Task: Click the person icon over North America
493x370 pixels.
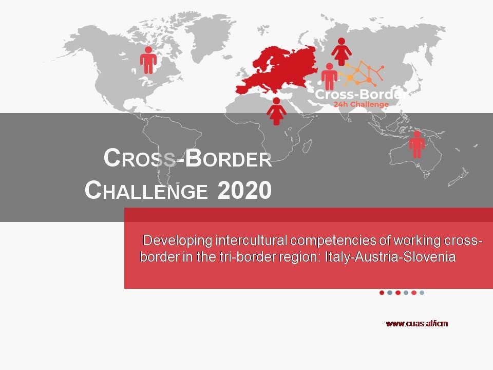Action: coord(148,61)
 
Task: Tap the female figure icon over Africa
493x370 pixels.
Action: coord(276,112)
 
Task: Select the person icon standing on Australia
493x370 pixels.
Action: coord(417,144)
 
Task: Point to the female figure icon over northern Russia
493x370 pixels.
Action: coord(342,51)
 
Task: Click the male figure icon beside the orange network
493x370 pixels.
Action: coord(329,77)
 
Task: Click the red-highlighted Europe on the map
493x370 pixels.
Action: coord(277,71)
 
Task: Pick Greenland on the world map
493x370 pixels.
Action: coord(207,38)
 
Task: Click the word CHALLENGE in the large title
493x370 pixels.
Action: coord(146,190)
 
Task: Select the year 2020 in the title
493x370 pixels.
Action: coord(244,190)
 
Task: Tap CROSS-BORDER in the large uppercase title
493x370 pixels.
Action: coord(188,158)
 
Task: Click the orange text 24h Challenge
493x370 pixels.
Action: coord(361,104)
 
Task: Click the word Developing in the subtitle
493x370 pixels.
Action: coord(178,240)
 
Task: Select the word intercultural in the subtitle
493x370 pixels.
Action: coord(251,240)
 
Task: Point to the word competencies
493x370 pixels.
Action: coord(333,241)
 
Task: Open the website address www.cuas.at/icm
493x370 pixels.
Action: coord(416,323)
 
